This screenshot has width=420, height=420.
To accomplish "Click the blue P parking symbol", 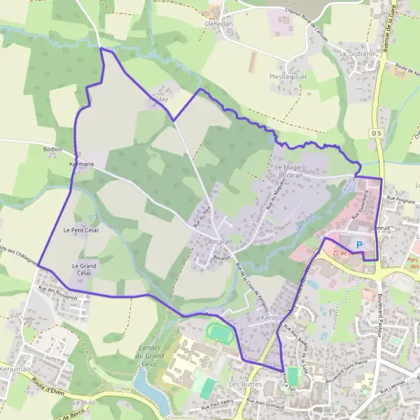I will coord(360,244).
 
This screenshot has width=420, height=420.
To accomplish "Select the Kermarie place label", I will coord(82,164).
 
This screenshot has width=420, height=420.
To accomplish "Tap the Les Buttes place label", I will coord(244,384).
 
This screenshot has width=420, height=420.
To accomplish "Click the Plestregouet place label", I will coord(289,76).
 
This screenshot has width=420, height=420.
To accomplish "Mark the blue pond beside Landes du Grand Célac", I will coord(147,386).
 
